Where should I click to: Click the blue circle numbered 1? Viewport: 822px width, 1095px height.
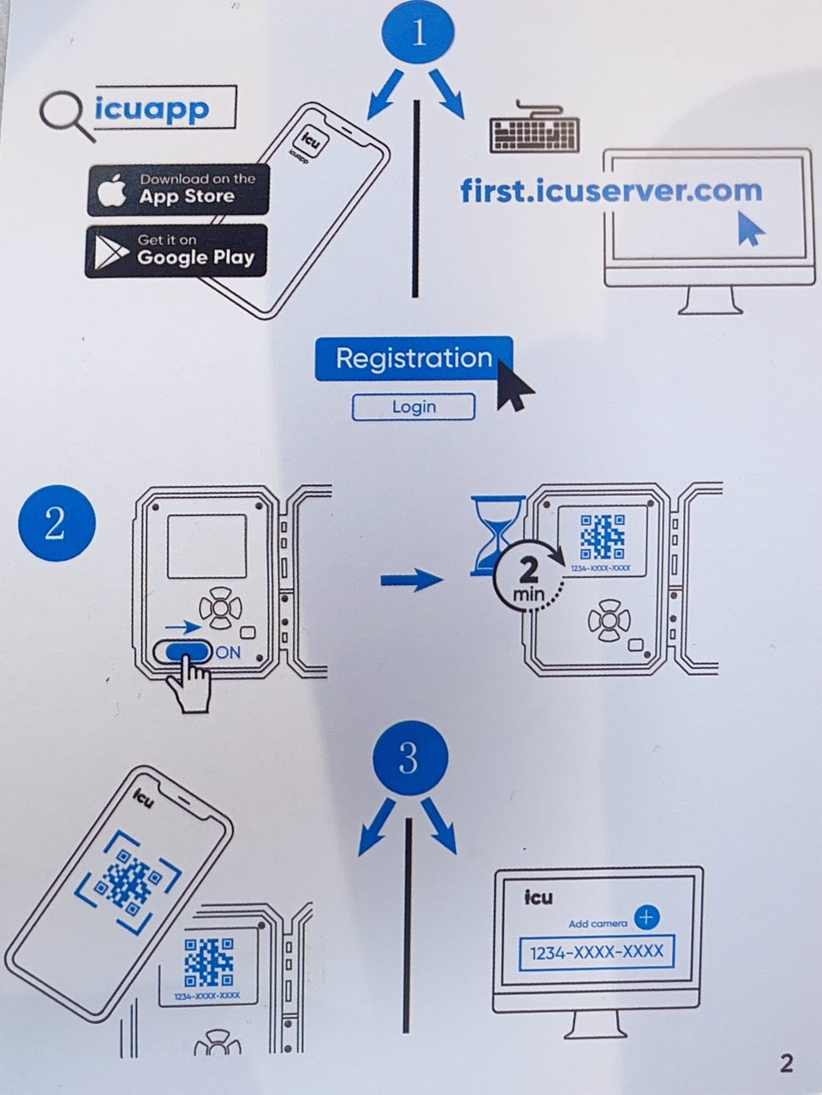coord(419,33)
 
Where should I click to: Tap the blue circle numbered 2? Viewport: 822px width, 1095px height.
coord(56,523)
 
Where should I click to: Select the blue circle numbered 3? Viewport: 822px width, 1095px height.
coord(409,757)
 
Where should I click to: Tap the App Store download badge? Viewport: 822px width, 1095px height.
coord(178,190)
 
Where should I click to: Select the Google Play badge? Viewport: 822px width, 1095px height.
coord(176,250)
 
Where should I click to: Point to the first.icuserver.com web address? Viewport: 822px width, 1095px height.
coord(611,190)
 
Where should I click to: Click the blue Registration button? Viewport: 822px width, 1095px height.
coord(414,358)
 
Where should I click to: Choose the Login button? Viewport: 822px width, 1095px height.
coord(414,407)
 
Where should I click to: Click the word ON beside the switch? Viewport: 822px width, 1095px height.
coord(229,653)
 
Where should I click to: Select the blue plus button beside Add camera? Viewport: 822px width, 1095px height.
coord(646,918)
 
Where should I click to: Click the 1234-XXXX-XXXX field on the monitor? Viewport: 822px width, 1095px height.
coord(597,952)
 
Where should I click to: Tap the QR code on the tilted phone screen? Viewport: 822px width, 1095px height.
coord(129,881)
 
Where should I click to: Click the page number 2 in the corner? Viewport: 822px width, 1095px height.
coord(786,1063)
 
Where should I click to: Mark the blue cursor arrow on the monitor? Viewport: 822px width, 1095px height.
coord(750,228)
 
